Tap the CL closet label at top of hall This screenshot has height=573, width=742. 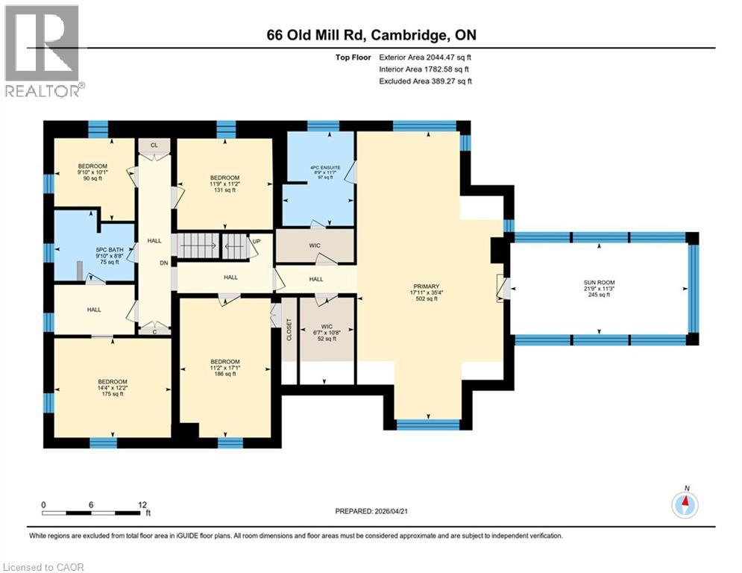(x=154, y=145)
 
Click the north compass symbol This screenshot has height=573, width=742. (x=685, y=504)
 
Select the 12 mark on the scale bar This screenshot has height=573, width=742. (x=142, y=504)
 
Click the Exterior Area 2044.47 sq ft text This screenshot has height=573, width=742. (x=425, y=57)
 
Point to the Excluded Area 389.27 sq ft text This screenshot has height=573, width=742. (x=425, y=81)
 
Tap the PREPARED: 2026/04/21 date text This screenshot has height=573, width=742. (x=373, y=511)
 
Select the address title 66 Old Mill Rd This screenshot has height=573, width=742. (x=371, y=35)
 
